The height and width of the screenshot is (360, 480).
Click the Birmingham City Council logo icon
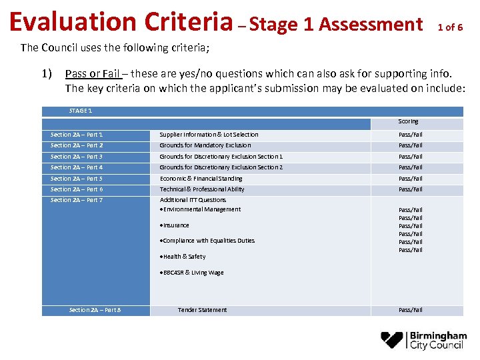394,340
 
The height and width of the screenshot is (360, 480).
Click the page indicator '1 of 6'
450,27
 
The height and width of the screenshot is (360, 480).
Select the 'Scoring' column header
408,121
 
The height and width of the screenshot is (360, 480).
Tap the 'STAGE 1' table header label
81,111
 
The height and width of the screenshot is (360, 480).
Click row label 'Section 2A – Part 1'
77,135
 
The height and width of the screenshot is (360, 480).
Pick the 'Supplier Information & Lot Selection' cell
209,135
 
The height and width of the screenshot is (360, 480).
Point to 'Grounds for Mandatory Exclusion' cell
205,145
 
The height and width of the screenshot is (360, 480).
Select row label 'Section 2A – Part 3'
77,157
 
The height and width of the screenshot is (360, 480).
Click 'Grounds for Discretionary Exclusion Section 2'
221,167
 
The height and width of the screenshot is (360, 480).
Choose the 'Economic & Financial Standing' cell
201,179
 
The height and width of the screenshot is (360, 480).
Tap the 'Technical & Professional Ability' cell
202,189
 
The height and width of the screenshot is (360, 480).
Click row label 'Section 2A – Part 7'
77,200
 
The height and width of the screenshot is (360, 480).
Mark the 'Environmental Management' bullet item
202,209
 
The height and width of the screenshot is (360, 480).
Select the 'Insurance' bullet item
176,225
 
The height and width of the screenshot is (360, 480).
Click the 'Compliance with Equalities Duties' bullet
209,241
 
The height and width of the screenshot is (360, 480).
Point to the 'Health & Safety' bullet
184,257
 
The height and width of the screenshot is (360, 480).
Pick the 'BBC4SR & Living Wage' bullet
193,273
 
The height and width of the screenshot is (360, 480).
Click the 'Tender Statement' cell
202,310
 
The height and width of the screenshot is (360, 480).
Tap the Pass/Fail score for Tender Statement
410,310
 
